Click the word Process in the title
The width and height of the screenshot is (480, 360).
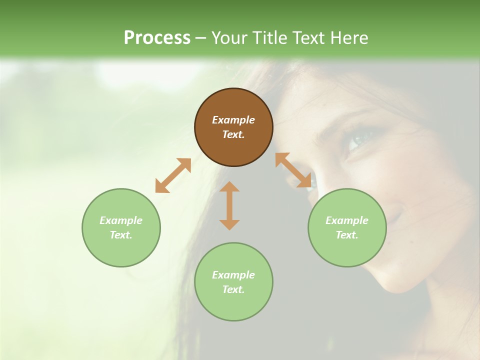157,37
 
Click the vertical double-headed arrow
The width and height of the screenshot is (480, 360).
229,205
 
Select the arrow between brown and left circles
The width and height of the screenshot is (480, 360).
173,175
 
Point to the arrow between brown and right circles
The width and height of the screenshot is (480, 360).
293,170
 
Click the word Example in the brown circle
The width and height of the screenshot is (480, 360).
233,120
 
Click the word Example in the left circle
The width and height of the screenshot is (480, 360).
121,220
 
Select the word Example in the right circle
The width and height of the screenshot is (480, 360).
347,220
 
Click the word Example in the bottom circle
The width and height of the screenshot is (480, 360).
233,275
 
